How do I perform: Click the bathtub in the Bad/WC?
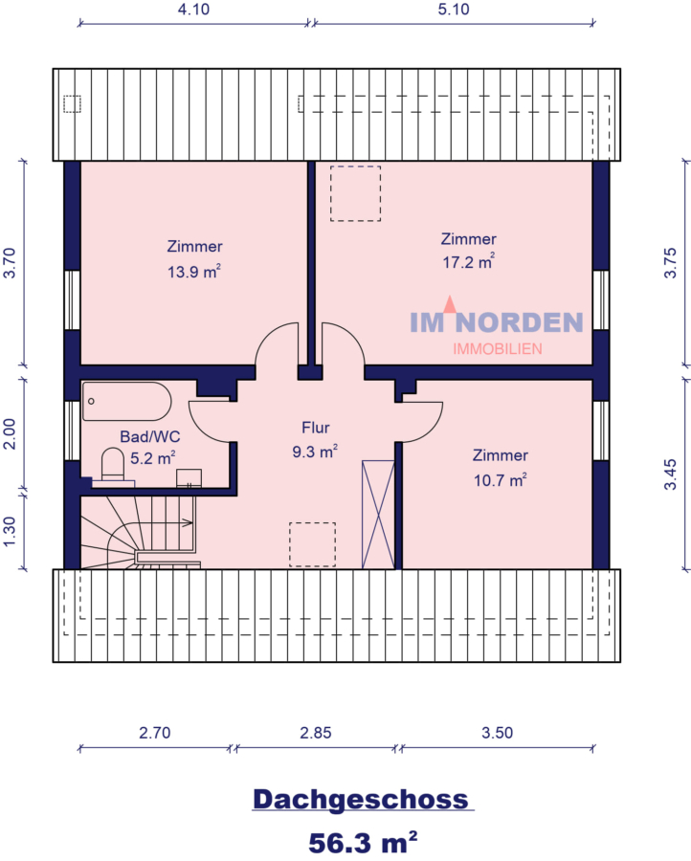[x=127, y=402]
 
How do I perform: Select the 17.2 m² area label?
[x=469, y=262]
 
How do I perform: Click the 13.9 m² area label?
[x=194, y=272]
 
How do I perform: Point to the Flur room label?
[x=315, y=428]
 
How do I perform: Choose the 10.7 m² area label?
[x=500, y=480]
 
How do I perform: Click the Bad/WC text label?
[x=150, y=436]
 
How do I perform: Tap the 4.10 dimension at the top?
[x=193, y=10]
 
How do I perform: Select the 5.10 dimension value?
[x=454, y=10]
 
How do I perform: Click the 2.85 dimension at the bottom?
[x=315, y=733]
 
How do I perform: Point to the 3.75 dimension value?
[x=670, y=263]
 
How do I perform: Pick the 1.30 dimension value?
[x=10, y=532]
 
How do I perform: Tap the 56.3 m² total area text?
[x=363, y=842]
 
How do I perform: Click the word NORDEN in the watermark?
[x=519, y=322]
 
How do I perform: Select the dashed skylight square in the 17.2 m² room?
[x=355, y=194]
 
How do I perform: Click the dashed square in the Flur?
[x=313, y=544]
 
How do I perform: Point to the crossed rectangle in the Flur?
[x=378, y=515]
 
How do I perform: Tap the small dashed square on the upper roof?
[x=72, y=103]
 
